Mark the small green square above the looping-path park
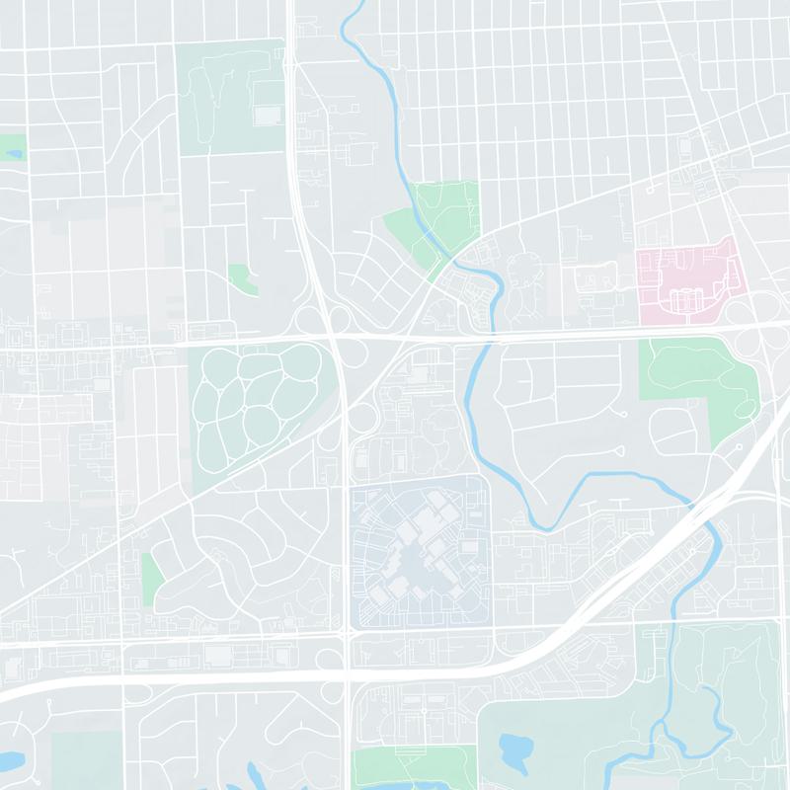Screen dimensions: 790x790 pyautogui.click(x=239, y=276)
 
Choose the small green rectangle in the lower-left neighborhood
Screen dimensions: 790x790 pyautogui.click(x=152, y=573)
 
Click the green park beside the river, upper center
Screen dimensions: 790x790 pyautogui.click(x=434, y=222)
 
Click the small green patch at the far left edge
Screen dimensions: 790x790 pyautogui.click(x=12, y=148)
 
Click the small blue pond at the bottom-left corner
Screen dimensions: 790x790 pyautogui.click(x=12, y=761)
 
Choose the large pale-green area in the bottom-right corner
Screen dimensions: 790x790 pyautogui.click(x=731, y=691)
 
